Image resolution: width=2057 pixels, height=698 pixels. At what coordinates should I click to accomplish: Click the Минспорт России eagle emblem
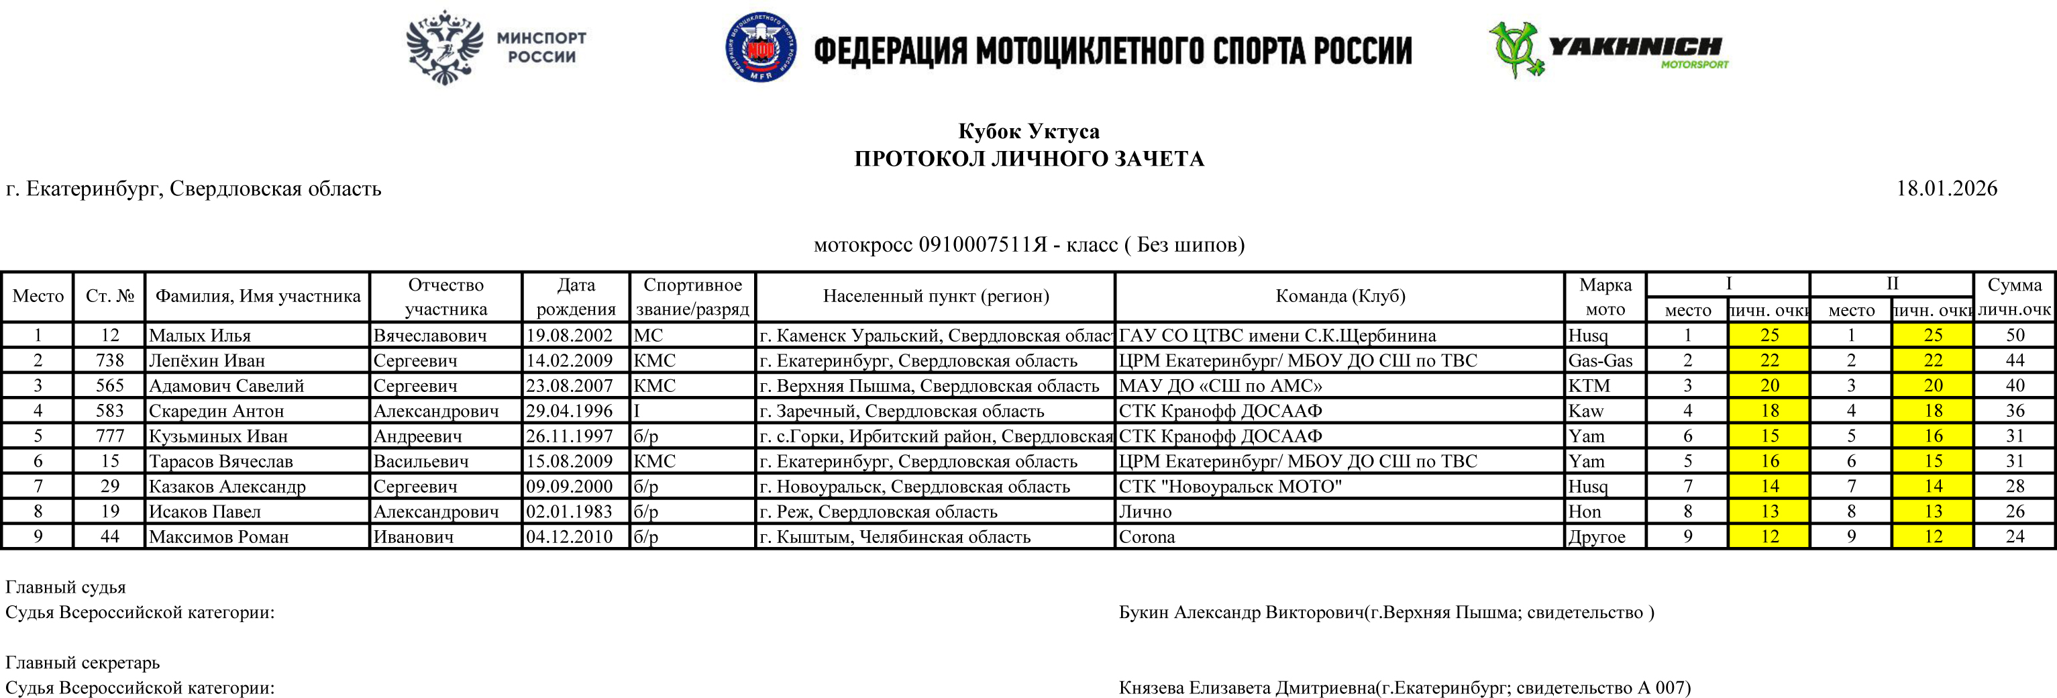(x=445, y=48)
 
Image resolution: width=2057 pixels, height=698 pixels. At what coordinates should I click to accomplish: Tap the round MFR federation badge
(x=760, y=47)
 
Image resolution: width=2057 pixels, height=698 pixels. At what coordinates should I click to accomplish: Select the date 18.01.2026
(x=1946, y=189)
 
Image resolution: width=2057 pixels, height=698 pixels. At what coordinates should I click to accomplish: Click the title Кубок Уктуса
(x=1028, y=131)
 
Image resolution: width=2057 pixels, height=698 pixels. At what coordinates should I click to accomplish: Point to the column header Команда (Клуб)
(x=1339, y=296)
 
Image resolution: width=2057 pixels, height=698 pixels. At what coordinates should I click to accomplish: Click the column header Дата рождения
(x=576, y=296)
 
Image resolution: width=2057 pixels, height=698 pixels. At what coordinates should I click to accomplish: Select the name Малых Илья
(x=200, y=336)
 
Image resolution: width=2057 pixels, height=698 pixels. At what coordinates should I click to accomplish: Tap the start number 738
(x=109, y=360)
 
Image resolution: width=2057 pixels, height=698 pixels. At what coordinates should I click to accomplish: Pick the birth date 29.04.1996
(x=570, y=411)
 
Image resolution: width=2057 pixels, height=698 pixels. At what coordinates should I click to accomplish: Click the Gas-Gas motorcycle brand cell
(x=1600, y=360)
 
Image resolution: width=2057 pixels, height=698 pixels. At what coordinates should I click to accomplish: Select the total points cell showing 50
(x=2015, y=336)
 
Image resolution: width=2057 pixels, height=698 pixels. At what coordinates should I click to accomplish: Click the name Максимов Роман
(x=219, y=537)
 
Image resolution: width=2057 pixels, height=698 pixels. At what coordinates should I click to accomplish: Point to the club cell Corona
(x=1147, y=537)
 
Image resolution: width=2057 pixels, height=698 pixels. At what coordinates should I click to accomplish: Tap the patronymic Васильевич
(x=420, y=461)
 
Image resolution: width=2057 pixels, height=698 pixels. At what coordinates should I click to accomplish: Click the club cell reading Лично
(x=1145, y=511)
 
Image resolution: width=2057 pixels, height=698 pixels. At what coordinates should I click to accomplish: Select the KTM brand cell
(x=1589, y=386)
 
